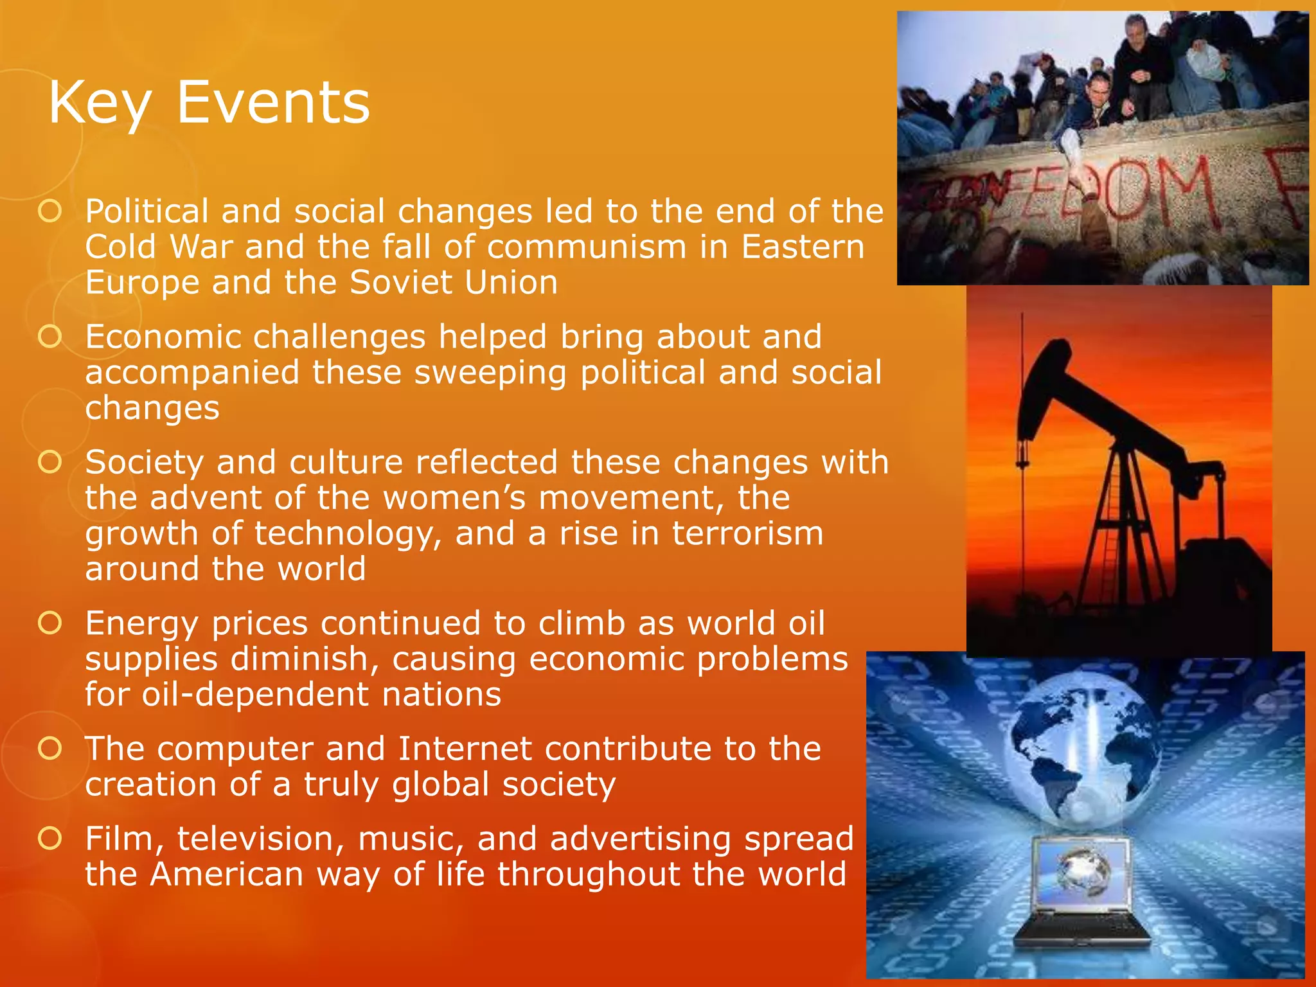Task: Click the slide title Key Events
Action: [209, 103]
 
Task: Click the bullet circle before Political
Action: [49, 211]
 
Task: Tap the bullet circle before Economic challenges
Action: [49, 336]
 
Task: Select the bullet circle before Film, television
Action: [49, 838]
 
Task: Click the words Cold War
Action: [158, 247]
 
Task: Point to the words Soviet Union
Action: [454, 283]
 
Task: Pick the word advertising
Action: [640, 839]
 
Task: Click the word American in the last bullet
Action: [226, 874]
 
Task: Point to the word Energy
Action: [141, 623]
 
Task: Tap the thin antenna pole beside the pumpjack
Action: [1022, 386]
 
